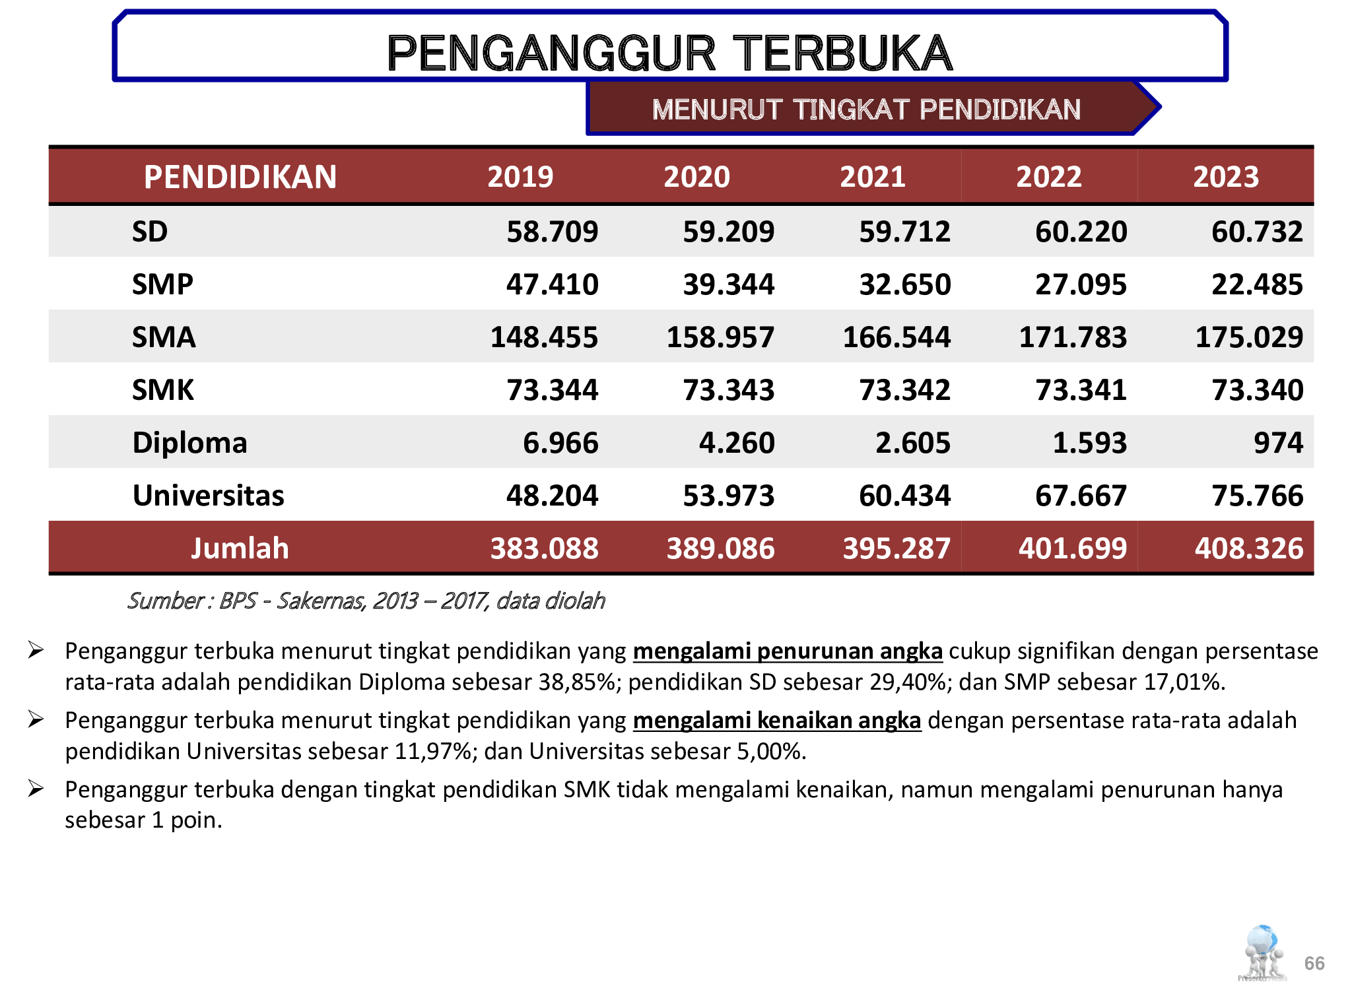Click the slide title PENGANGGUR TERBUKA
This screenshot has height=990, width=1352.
pos(669,53)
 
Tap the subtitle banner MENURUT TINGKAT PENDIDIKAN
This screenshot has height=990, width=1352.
pos(865,110)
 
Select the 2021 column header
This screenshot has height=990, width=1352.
pos(872,177)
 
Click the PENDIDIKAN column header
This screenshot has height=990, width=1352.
pos(240,177)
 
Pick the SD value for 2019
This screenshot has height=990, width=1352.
pos(552,232)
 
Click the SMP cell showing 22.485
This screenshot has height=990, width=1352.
pos(1257,284)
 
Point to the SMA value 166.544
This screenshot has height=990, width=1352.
pos(896,337)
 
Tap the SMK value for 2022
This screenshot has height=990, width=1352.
pos(1081,390)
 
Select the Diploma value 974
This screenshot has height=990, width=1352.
pos(1278,443)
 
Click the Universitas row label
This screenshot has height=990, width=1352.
pos(208,496)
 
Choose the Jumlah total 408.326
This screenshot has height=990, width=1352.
pos(1248,548)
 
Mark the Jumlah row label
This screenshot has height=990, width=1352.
pos(240,548)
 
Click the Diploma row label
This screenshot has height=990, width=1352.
pos(189,443)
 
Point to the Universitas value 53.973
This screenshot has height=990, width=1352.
pos(728,496)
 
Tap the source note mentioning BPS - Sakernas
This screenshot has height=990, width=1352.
pos(366,601)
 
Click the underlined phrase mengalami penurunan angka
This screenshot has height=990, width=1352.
pos(787,651)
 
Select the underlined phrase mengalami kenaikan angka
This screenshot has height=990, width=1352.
pos(776,721)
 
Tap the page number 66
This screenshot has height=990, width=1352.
pos(1314,963)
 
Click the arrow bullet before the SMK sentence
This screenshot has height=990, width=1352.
pos(36,789)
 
